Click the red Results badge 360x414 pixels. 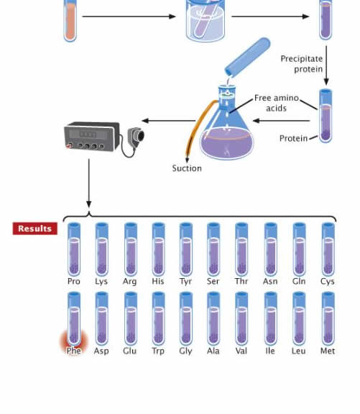[34, 229]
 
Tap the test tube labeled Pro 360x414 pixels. [74, 249]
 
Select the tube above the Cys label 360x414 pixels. [328, 249]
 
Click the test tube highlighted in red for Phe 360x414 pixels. [74, 318]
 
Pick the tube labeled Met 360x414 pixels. [328, 318]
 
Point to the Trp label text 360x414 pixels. [158, 351]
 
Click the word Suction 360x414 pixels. [187, 168]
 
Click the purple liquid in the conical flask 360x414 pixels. [227, 142]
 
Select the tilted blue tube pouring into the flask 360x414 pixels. [248, 57]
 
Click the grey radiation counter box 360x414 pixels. [92, 137]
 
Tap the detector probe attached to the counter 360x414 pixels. [137, 137]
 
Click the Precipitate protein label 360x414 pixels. [302, 64]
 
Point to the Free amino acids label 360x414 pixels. [277, 103]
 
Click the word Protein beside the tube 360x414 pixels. [293, 138]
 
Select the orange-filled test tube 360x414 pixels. [70, 21]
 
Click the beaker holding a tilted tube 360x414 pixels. [206, 21]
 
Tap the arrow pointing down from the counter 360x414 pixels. [89, 183]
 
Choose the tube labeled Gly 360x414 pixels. [186, 318]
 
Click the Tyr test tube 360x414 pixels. [186, 249]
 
